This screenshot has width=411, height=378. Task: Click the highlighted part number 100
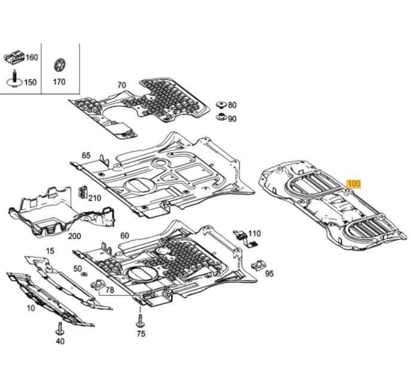coord(354,185)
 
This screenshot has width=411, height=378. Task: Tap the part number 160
coord(31,58)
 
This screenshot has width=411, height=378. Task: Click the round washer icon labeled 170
coord(59,64)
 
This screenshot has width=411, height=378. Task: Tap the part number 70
coord(121,85)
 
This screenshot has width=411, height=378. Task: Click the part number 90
coord(232,119)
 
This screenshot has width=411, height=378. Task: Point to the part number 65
coord(86,155)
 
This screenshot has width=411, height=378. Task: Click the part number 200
coord(74,236)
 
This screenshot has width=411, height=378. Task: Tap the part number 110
coord(254,233)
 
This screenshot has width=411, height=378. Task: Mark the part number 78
coord(109,290)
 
